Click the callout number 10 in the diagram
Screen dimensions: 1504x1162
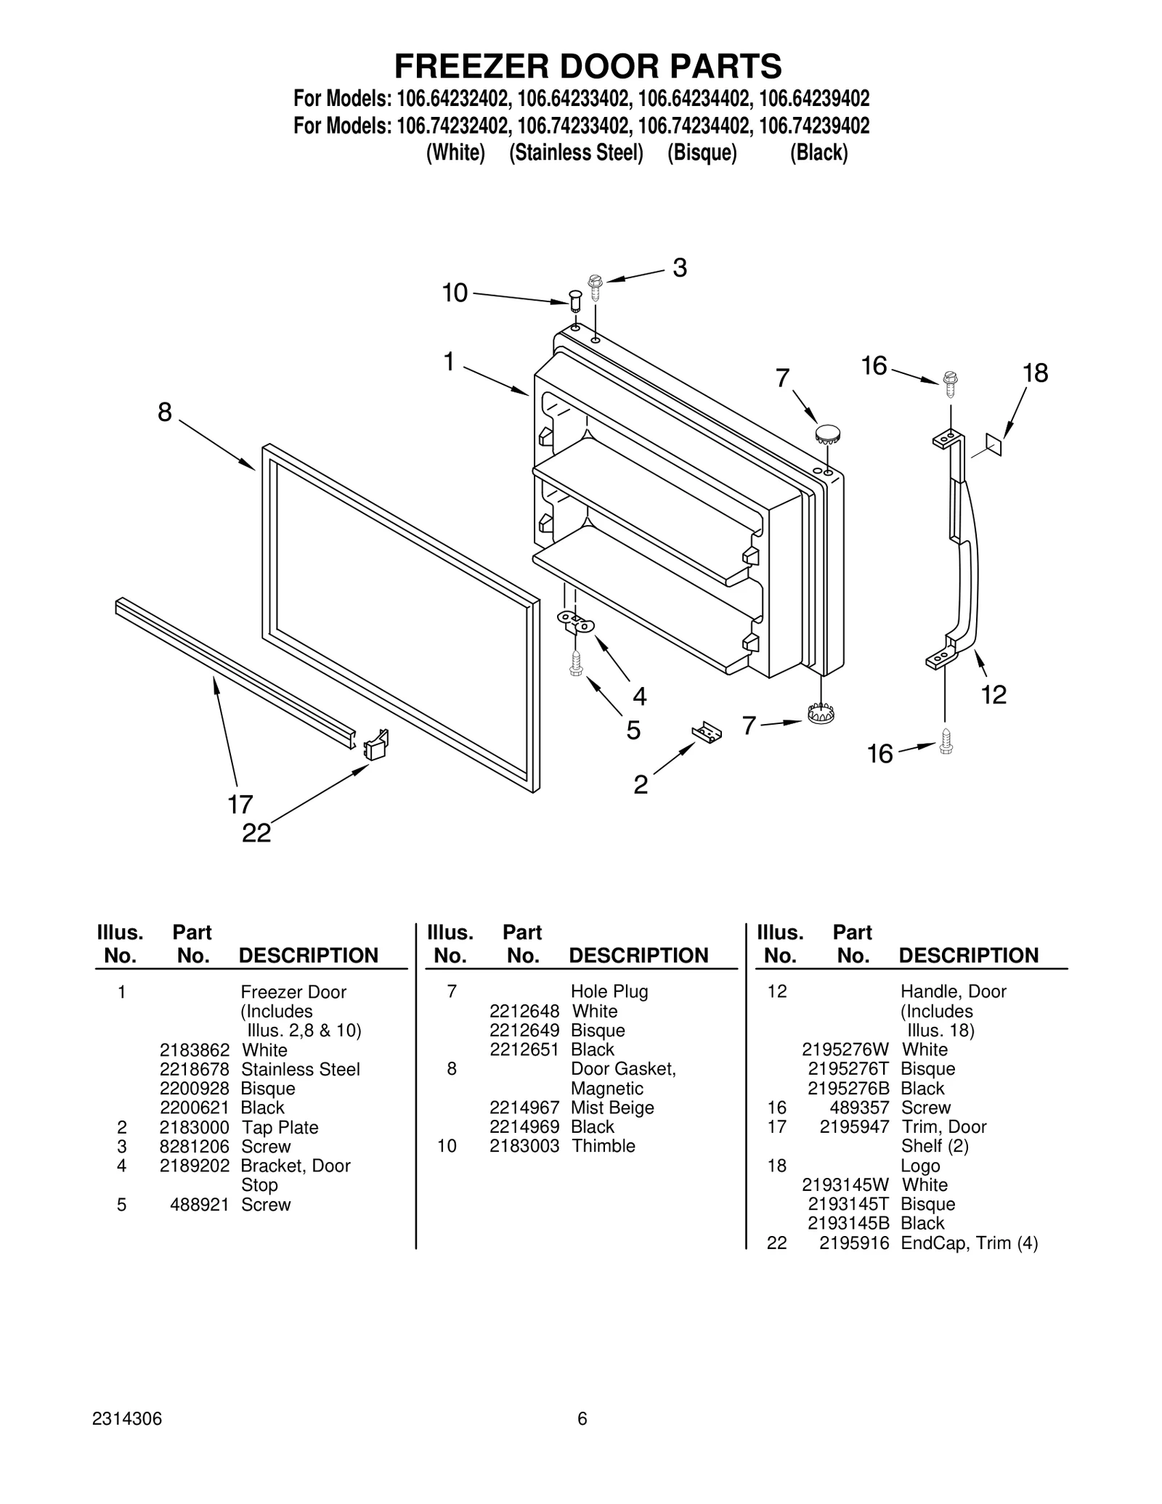click(455, 293)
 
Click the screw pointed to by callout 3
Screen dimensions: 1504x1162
click(596, 288)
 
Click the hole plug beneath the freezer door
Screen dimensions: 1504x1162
click(820, 713)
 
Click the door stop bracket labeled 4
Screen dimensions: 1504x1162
click(576, 621)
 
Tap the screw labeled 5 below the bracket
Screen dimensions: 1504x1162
click(576, 662)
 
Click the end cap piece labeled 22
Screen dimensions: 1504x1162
click(376, 744)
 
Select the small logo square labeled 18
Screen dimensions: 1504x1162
click(993, 444)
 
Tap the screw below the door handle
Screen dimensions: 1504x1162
click(946, 741)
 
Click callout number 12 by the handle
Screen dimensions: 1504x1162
click(994, 695)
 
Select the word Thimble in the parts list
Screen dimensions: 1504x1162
click(603, 1146)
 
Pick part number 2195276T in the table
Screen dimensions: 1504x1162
click(848, 1069)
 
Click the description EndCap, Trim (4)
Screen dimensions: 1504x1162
click(969, 1243)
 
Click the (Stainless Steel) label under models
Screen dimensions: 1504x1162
click(576, 153)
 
